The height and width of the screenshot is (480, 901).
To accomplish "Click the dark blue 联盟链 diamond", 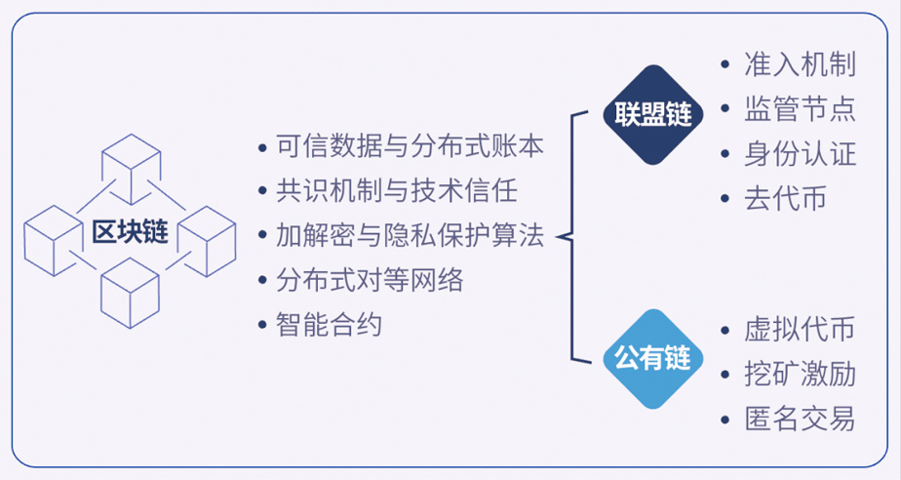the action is click(653, 114).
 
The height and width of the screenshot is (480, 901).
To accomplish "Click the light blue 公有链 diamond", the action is click(653, 359).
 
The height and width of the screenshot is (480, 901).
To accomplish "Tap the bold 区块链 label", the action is click(130, 231).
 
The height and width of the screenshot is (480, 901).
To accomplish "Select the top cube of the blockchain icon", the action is click(131, 169).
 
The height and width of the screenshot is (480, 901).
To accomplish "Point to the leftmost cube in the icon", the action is click(53, 241).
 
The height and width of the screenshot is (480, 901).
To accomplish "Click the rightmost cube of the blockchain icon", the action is click(207, 241).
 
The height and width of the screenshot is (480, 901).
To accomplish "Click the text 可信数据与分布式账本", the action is click(410, 146).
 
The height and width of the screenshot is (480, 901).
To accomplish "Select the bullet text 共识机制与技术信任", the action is click(397, 191).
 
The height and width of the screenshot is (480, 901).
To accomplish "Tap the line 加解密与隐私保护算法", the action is click(410, 236).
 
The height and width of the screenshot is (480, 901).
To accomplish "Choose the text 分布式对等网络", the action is click(370, 281).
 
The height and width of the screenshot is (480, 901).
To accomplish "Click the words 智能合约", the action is click(329, 325).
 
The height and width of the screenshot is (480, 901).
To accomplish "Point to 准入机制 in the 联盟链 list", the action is click(800, 63).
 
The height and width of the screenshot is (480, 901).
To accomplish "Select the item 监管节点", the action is click(800, 108).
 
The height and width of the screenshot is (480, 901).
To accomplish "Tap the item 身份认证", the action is click(800, 154).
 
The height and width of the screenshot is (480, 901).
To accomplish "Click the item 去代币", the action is click(786, 199).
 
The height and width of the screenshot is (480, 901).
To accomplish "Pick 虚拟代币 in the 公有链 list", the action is click(800, 330).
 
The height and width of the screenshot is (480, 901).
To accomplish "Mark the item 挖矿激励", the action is click(800, 375).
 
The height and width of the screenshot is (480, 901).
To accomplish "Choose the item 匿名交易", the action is click(800, 420).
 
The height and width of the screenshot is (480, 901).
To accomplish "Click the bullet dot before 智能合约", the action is click(262, 325).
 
